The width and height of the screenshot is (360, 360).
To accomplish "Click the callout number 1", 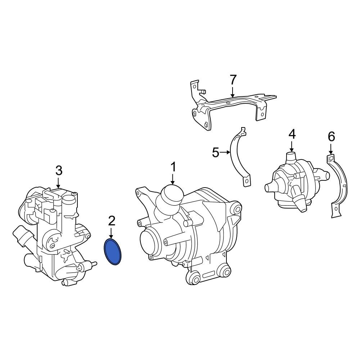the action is pyautogui.click(x=173, y=167).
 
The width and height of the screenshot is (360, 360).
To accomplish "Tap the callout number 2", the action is pyautogui.click(x=112, y=221).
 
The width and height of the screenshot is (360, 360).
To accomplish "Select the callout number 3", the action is pyautogui.click(x=59, y=171).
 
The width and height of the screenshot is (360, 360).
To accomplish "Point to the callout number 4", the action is pyautogui.click(x=292, y=134).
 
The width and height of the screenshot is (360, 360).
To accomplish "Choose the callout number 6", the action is pyautogui.click(x=331, y=137).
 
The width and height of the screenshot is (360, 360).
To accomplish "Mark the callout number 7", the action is pyautogui.click(x=233, y=80).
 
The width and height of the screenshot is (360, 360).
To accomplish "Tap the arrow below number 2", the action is pyautogui.click(x=111, y=233).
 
